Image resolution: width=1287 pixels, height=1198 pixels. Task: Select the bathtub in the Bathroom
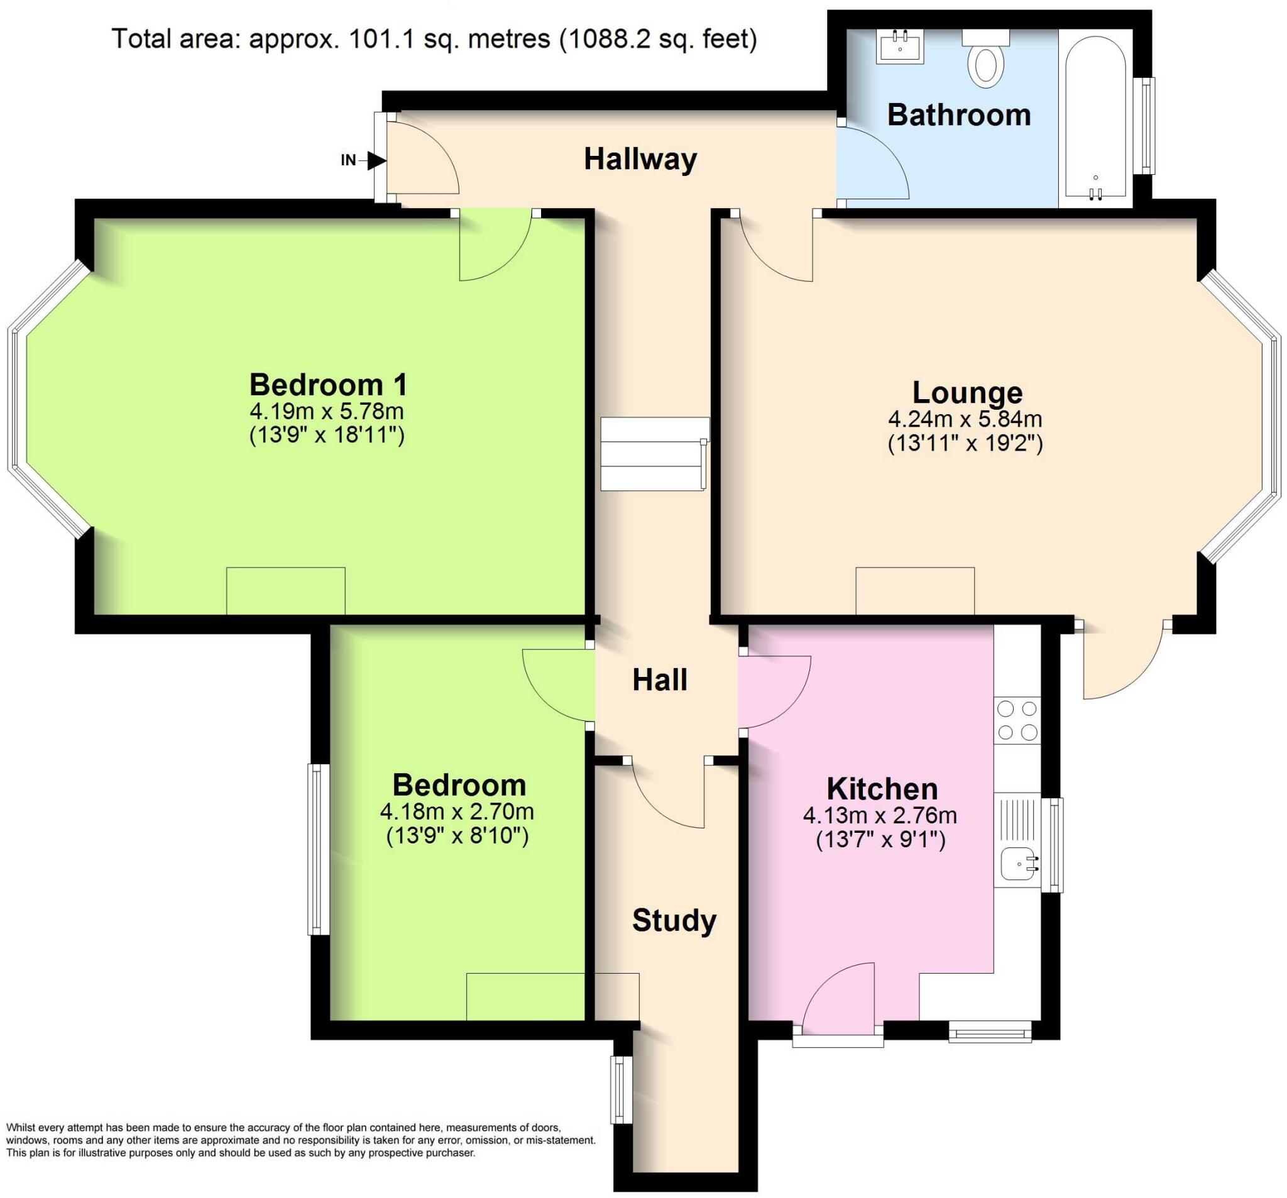click(1095, 116)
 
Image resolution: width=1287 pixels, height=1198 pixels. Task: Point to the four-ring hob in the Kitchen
click(1017, 720)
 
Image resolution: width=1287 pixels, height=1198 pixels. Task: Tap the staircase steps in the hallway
click(654, 454)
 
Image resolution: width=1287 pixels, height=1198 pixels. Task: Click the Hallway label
click(640, 158)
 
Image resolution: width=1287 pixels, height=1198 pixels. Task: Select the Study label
click(674, 920)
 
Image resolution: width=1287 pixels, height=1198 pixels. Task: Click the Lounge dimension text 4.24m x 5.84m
click(965, 419)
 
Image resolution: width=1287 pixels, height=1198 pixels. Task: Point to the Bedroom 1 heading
click(328, 385)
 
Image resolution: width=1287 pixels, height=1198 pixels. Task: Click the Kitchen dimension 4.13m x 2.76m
click(880, 815)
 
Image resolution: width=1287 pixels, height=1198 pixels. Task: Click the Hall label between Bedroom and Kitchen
click(659, 680)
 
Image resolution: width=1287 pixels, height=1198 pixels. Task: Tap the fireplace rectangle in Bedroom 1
click(285, 591)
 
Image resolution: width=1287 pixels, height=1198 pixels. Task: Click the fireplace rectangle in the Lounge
click(915, 591)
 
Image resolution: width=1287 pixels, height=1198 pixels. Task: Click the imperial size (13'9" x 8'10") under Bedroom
click(457, 836)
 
